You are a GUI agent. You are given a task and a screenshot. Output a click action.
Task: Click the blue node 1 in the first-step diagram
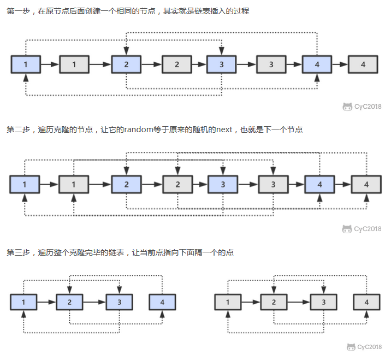pos(26,64)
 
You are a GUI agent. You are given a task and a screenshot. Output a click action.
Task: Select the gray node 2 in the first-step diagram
pos(176,64)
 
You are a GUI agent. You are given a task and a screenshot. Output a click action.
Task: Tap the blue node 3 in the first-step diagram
pos(221,64)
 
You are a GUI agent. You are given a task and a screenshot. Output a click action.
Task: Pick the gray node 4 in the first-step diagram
pos(363,64)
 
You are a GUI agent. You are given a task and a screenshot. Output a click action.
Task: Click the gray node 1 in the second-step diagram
pos(74,185)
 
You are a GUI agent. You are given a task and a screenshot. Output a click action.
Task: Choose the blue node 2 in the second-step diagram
pos(126,185)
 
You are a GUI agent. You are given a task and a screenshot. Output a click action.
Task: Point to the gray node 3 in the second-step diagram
pos(273,185)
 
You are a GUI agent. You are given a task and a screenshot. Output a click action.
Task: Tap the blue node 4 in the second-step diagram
pos(319,185)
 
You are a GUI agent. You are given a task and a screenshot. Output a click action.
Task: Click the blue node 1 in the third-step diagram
pos(24,302)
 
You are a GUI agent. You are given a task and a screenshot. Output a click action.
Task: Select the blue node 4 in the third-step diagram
pos(162,302)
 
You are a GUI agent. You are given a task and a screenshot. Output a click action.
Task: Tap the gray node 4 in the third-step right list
pos(366,302)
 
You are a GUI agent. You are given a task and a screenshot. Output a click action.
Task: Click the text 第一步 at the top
pos(18,11)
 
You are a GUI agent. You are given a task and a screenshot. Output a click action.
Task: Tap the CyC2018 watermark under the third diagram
pos(365,347)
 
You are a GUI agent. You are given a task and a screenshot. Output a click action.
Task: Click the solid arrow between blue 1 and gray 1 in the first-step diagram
pos(50,64)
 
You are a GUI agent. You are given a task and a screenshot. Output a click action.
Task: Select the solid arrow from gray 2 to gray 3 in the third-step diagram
pos(299,302)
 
